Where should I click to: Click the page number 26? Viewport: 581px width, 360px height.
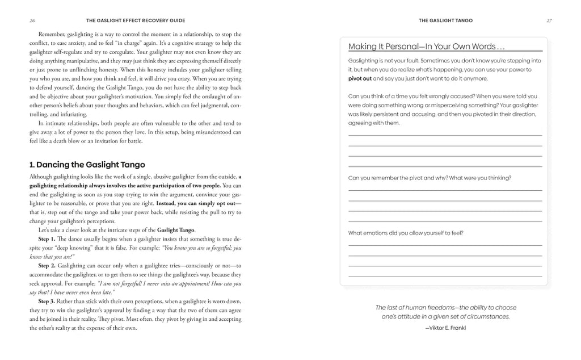(32, 20)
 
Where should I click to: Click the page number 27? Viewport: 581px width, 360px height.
(549, 20)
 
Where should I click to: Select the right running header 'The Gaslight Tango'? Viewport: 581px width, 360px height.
(445, 20)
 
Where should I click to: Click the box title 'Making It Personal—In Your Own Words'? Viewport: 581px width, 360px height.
(422, 47)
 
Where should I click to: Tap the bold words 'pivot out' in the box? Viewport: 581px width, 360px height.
(360, 78)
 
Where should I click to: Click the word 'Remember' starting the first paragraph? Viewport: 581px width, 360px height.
(52, 34)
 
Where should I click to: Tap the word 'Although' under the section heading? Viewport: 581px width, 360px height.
(42, 176)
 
